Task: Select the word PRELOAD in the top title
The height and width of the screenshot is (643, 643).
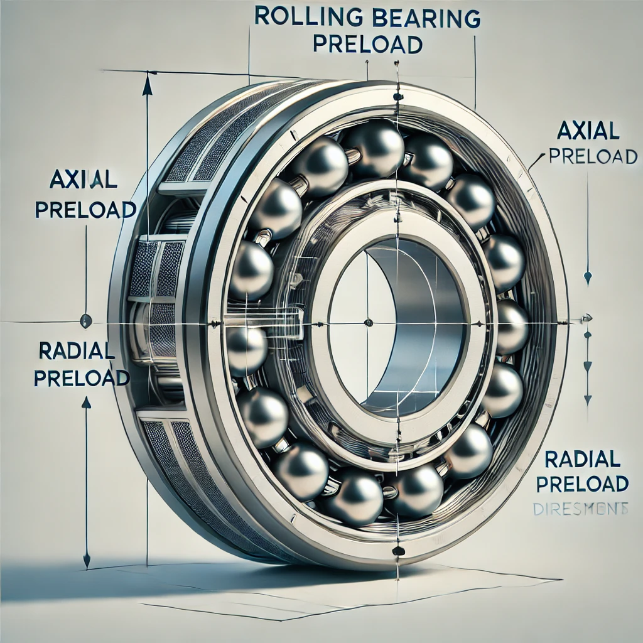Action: [367, 46]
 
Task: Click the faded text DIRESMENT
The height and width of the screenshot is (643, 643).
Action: [580, 509]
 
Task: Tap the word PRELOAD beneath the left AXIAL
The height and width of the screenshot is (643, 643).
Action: [85, 208]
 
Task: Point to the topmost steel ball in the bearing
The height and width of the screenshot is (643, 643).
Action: [374, 147]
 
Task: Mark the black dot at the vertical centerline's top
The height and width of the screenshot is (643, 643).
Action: [397, 97]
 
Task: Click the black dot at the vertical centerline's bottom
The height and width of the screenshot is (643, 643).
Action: [397, 551]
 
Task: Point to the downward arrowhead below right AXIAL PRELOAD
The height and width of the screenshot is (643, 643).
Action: [588, 276]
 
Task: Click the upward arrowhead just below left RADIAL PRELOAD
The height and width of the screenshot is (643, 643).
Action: [87, 402]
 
